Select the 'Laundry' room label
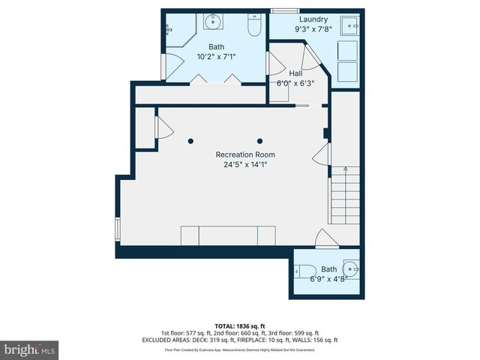tap(313, 19)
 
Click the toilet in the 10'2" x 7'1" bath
tap(253, 28)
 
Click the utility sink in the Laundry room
tap(349, 28)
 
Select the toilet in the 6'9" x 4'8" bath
tap(305, 270)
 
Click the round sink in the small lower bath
tap(350, 268)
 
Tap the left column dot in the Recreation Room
tap(190, 140)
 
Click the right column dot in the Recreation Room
tap(261, 140)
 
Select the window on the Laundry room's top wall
tap(284, 10)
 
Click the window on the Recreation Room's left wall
tap(117, 229)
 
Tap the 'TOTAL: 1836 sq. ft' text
tap(239, 326)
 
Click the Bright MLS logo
tap(30, 349)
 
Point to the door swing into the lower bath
tap(325, 241)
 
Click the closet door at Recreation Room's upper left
tap(159, 127)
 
